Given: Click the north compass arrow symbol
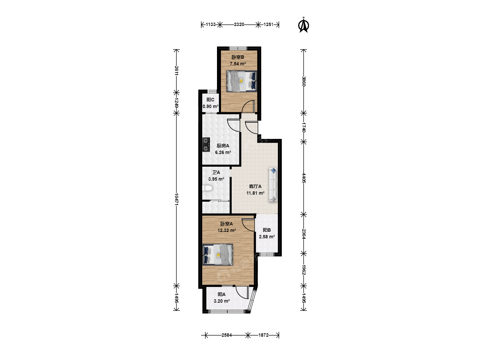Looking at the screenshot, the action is coord(304,25).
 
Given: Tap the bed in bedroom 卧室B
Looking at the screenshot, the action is coord(241,81).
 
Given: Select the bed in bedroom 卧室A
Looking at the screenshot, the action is coord(218,254).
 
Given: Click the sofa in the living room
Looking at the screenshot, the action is coord(273,184).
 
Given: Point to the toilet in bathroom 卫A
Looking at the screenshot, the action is coord(207,188).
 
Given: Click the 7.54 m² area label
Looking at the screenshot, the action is coord(238,64).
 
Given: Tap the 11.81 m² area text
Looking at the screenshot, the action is coord(255,193).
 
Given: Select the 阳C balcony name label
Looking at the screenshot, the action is coord(210,100).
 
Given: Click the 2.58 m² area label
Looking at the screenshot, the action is coord(267,237).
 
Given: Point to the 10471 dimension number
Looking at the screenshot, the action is coord(177,199).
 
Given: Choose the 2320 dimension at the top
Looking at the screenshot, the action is coord(239,24).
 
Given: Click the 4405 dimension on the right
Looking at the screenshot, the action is coord(304,178).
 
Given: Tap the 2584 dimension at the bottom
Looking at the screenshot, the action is coord(227,335).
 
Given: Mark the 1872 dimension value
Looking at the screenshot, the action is coord(263,335).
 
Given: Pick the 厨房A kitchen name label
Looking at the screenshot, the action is coord(223,146).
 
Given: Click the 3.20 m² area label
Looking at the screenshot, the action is coord(222,301).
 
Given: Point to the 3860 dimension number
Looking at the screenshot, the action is coord(304,81).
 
